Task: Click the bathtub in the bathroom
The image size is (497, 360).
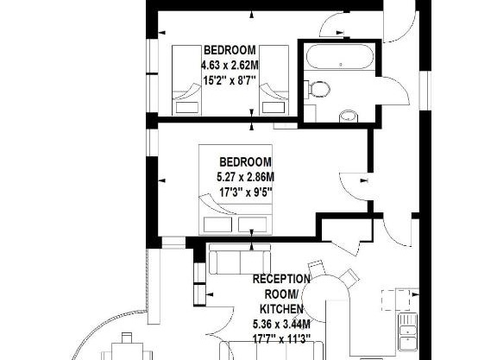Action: click(x=339, y=56)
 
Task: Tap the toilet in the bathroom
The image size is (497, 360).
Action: click(x=318, y=89)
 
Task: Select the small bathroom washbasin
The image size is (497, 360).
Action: click(x=349, y=117)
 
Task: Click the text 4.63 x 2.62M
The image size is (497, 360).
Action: click(x=230, y=66)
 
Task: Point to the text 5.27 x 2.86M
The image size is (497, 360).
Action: click(x=245, y=177)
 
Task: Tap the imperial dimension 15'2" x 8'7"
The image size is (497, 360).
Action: click(x=230, y=80)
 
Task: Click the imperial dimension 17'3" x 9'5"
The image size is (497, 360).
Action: click(x=246, y=192)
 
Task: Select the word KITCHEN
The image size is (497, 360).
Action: click(x=281, y=308)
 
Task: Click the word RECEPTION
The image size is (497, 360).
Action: click(x=281, y=279)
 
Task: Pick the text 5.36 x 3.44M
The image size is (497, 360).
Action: click(x=281, y=324)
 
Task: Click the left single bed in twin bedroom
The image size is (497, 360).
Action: click(x=186, y=80)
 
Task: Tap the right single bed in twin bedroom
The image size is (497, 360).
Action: click(x=274, y=80)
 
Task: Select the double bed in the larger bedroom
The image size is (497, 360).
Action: click(x=236, y=190)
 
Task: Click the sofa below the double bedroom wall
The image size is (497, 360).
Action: click(x=240, y=259)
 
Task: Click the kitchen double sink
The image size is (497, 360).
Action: click(x=408, y=332)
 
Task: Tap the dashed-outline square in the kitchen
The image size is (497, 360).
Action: click(x=395, y=300)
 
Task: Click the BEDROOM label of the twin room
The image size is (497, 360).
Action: click(x=230, y=50)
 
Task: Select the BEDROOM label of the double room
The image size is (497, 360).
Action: click(x=245, y=161)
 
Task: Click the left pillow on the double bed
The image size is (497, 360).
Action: click(x=217, y=224)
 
